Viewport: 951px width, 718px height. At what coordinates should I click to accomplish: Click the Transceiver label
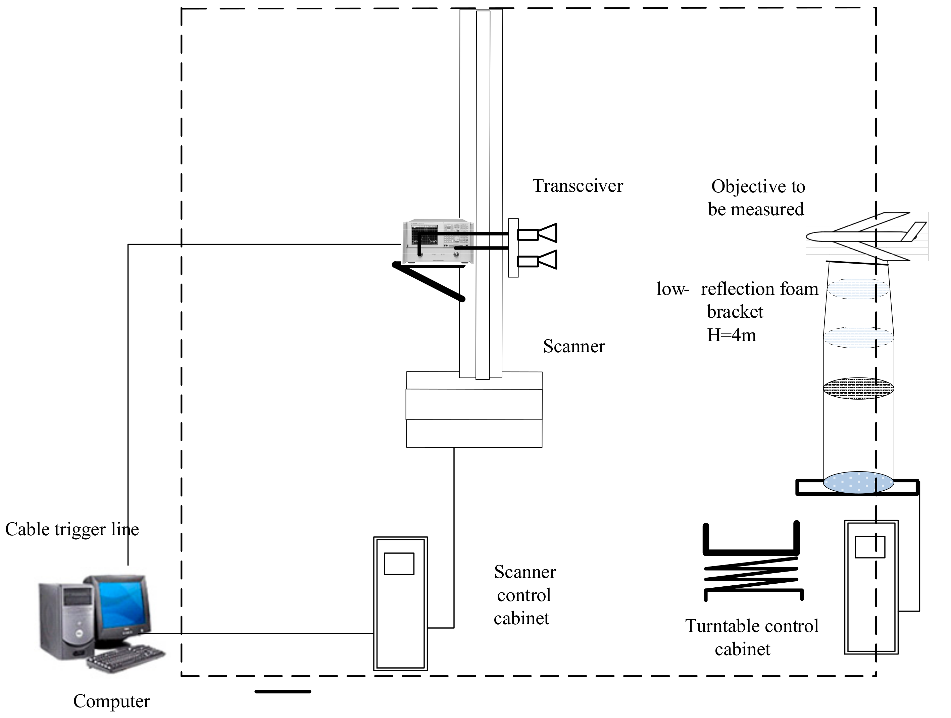click(x=578, y=186)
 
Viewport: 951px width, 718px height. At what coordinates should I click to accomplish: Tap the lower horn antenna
click(x=538, y=260)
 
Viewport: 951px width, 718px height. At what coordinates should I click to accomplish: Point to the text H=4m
click(x=731, y=335)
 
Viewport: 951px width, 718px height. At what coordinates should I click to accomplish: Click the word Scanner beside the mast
click(x=574, y=346)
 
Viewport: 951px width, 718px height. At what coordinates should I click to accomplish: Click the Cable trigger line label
click(x=72, y=530)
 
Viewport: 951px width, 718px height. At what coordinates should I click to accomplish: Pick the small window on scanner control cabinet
click(x=399, y=564)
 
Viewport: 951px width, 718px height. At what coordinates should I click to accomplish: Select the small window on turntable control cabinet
click(x=870, y=547)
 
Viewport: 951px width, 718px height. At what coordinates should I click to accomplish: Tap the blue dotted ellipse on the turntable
click(x=858, y=482)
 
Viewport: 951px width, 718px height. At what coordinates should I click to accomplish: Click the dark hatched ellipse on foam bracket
click(x=858, y=389)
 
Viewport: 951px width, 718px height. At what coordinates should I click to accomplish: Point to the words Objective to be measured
click(x=757, y=198)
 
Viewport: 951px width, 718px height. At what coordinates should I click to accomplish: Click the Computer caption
click(x=111, y=701)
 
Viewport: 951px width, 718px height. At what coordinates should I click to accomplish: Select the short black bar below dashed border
click(x=283, y=692)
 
